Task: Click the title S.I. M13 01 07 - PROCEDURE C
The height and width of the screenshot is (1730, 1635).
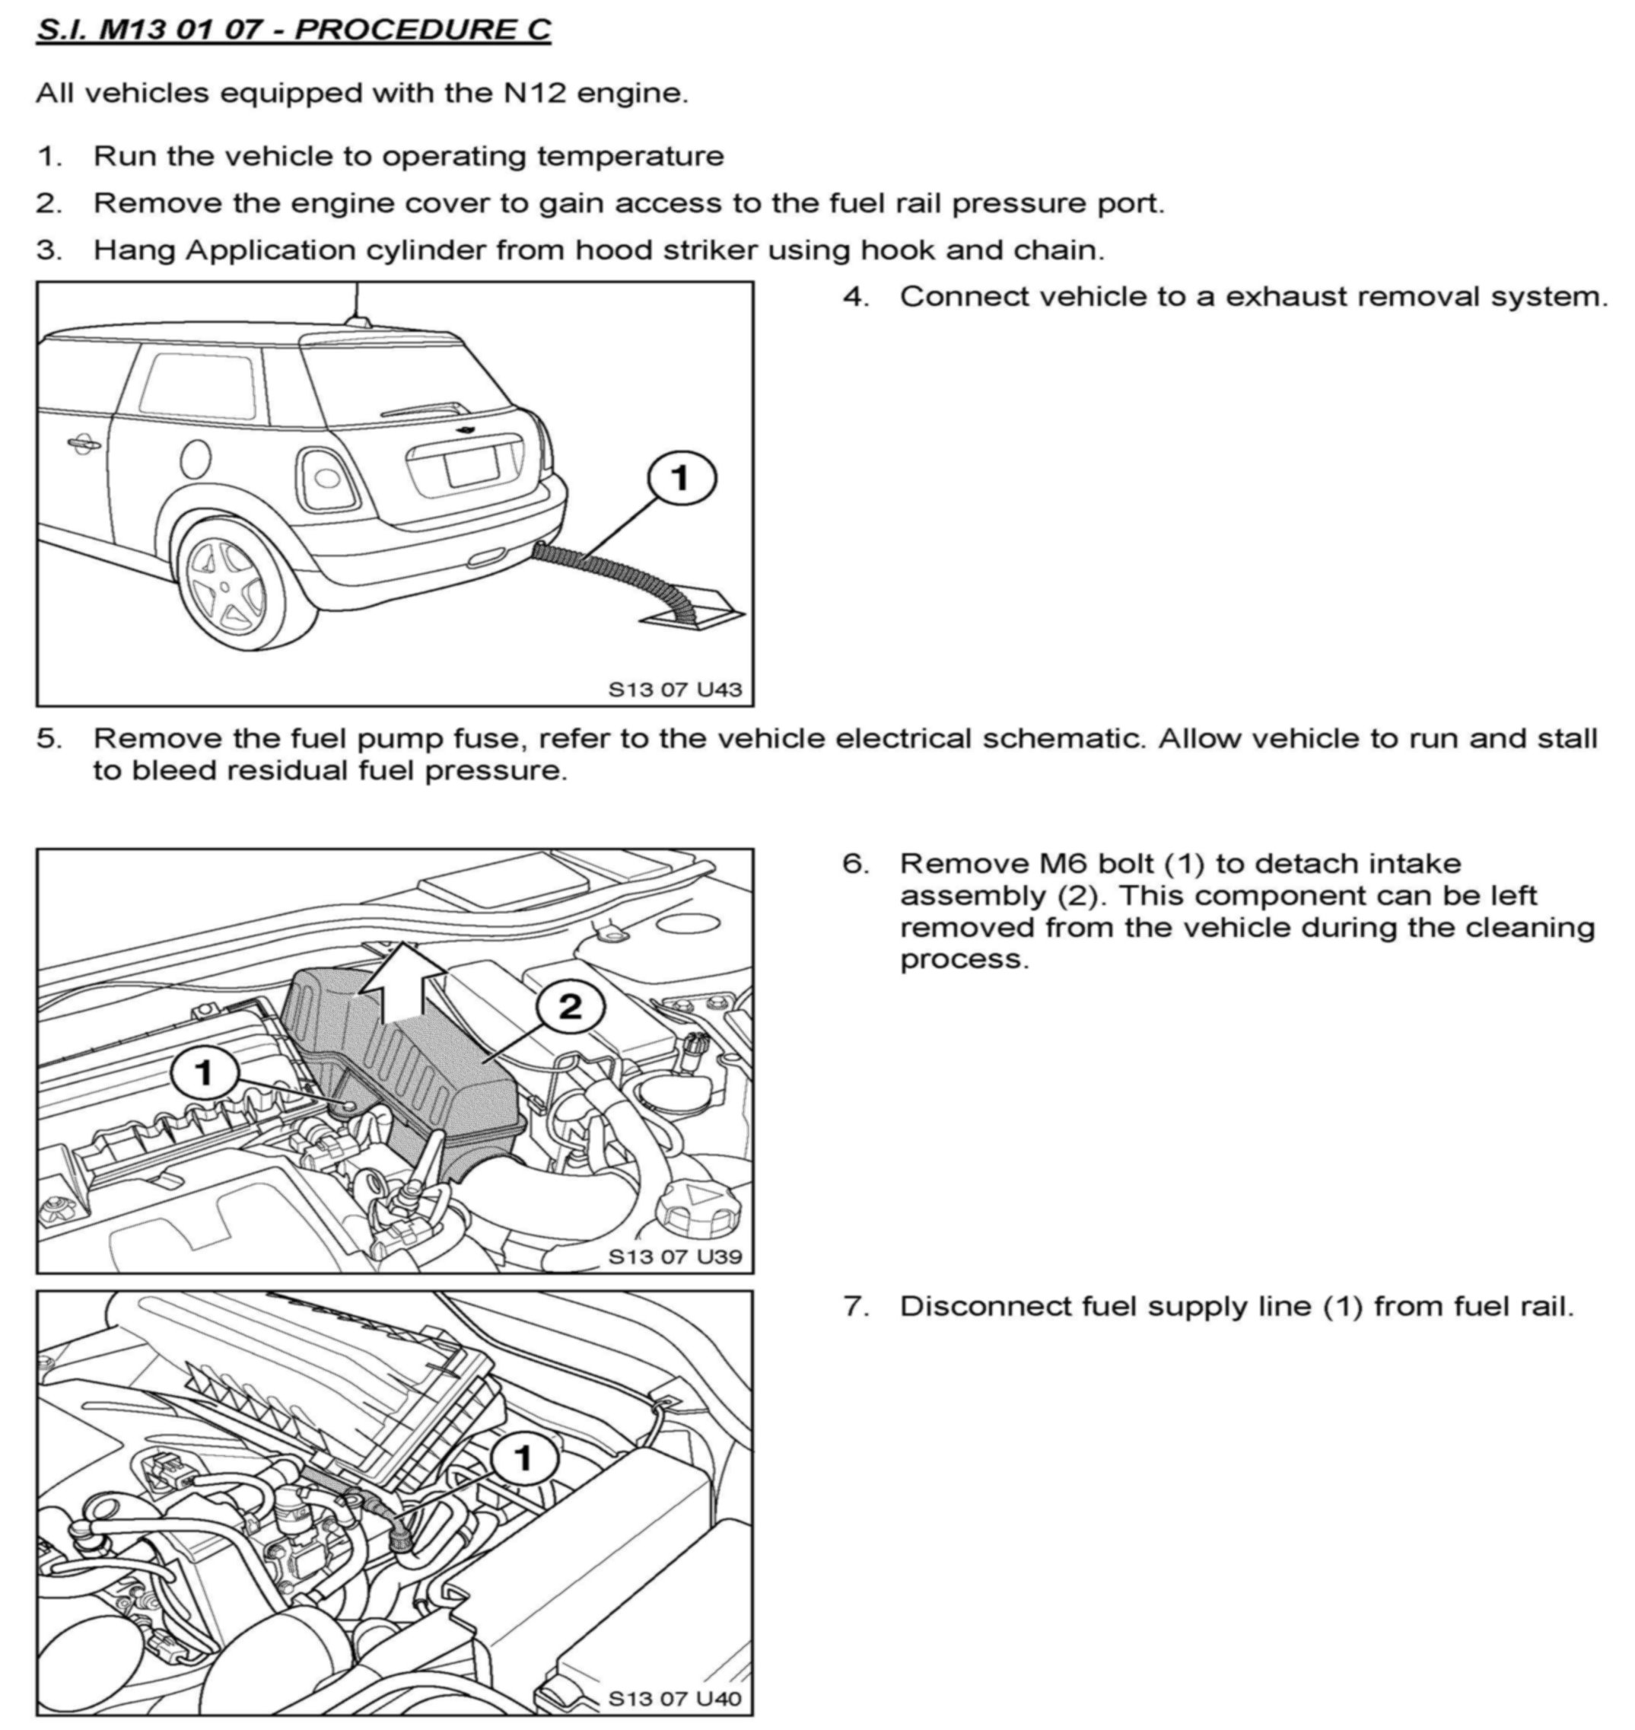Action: point(293,30)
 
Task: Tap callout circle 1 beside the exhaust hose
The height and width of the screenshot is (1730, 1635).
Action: point(681,479)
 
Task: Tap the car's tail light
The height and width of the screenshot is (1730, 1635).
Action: point(328,478)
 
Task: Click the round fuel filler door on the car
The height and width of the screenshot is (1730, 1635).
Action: point(193,457)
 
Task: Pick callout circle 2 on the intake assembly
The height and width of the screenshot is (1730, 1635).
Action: point(569,1007)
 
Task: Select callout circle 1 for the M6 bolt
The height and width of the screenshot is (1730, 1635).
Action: point(205,1072)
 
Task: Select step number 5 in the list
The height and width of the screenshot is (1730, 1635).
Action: point(49,738)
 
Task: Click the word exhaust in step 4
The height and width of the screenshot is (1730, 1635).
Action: point(1282,298)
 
